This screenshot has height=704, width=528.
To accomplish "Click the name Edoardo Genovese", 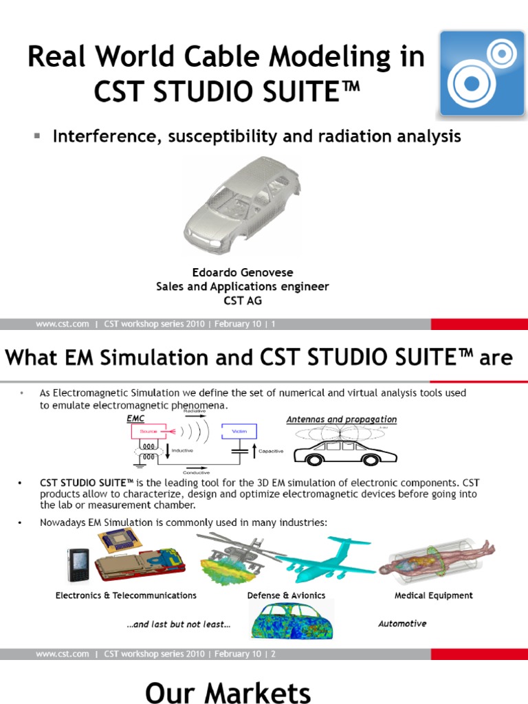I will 242,272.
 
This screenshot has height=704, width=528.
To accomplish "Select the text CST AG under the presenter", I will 243,300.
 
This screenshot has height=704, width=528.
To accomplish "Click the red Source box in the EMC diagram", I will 149,431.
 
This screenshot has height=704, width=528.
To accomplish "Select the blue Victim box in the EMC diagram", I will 238,431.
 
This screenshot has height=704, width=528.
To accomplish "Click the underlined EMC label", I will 136,418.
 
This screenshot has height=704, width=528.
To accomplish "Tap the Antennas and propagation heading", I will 341,419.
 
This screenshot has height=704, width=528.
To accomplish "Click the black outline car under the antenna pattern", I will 345,454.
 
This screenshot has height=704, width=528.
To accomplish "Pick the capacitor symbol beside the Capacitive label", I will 240,452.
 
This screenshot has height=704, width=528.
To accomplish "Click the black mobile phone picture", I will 78,564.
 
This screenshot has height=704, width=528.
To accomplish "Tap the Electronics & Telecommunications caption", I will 126,595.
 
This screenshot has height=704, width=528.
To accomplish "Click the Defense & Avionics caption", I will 286,595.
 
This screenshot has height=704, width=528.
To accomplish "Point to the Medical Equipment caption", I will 434,595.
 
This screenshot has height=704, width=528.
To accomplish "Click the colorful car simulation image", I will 291,620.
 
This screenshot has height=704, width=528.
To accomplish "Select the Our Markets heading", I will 228,692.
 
